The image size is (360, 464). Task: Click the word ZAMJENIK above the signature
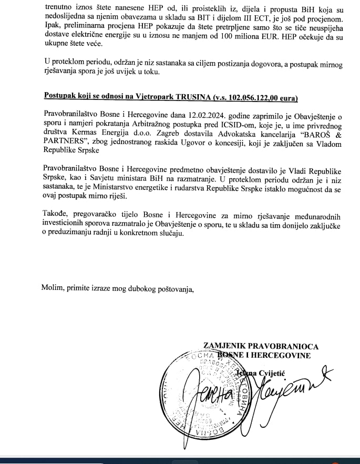click(x=223, y=346)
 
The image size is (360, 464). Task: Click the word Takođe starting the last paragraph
click(x=57, y=216)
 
